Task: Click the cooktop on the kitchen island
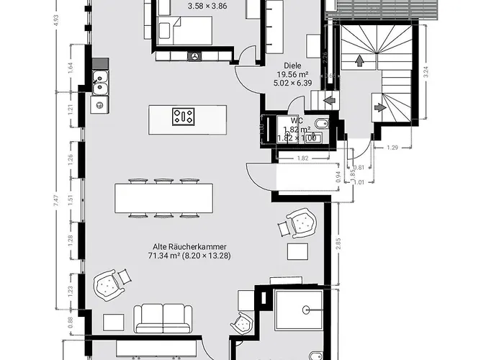183,117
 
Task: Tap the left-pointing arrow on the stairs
329,100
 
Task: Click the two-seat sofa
163,318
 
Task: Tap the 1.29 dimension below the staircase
392,148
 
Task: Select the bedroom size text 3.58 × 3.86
207,6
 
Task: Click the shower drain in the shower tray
307,310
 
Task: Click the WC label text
296,121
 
